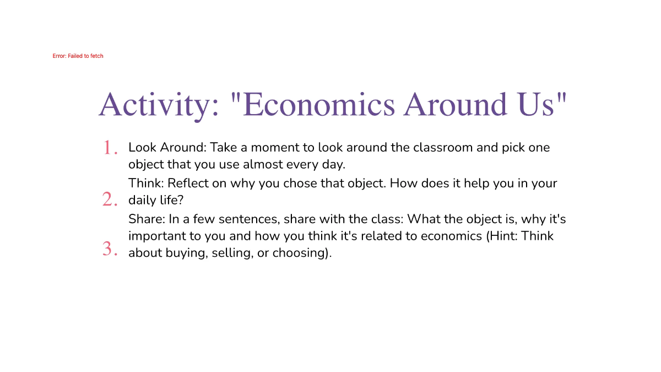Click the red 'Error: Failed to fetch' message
[x=78, y=56]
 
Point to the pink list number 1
[x=111, y=148]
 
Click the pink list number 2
[x=110, y=199]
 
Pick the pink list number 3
[x=110, y=249]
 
